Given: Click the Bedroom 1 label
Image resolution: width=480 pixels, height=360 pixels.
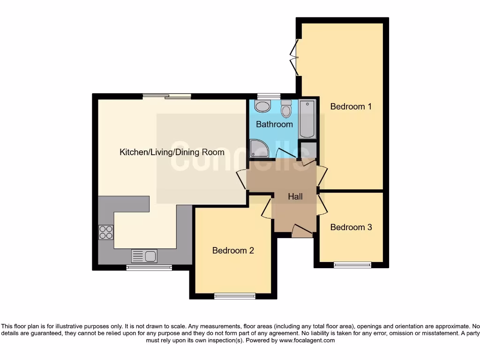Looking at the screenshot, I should point(351,106).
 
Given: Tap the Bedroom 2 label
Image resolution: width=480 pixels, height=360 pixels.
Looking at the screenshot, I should point(233,250).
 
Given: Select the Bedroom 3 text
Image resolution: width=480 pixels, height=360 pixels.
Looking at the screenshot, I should point(351,227).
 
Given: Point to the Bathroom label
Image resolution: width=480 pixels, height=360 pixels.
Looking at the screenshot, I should point(274,124).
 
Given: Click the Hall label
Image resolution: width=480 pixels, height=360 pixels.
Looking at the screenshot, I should point(295,197).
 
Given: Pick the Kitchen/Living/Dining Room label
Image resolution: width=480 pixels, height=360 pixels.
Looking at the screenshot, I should point(172,152).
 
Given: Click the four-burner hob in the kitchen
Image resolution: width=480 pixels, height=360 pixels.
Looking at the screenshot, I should point(106,232).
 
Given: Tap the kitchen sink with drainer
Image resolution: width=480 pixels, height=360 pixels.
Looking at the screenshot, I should point(144,256).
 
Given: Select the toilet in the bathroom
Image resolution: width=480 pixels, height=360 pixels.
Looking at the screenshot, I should point(286,109).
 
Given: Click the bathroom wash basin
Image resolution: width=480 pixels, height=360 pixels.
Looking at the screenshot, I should point(262,106).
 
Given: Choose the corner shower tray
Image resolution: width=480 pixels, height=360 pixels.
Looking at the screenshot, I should point(259,149).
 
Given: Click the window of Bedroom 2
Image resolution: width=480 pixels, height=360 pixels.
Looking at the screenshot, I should point(235,296).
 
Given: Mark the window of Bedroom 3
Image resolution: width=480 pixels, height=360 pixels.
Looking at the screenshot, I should point(352,265).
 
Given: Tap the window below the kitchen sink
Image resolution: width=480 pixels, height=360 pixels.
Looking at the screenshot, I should point(149,268).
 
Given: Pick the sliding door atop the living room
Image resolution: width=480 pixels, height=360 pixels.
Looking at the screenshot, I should point(167,96).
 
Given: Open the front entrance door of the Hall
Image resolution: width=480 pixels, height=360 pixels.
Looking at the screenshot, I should point(302,230).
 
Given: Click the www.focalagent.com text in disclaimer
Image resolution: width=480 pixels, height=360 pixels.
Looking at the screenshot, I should point(307,341).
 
